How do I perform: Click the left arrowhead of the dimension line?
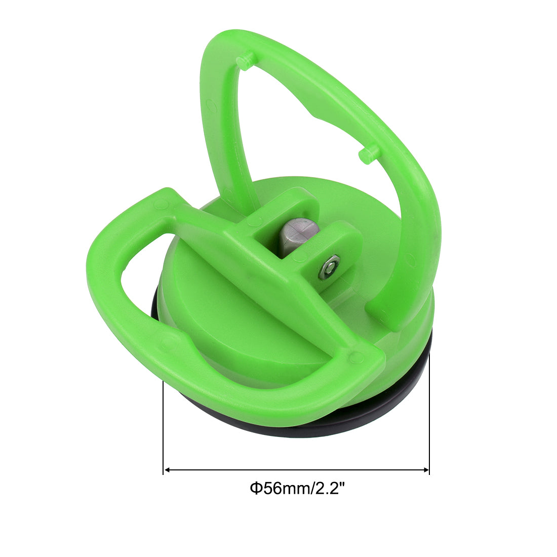point(168,470)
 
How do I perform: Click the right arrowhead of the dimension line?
point(425,470)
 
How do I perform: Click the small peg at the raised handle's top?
point(245,62)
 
